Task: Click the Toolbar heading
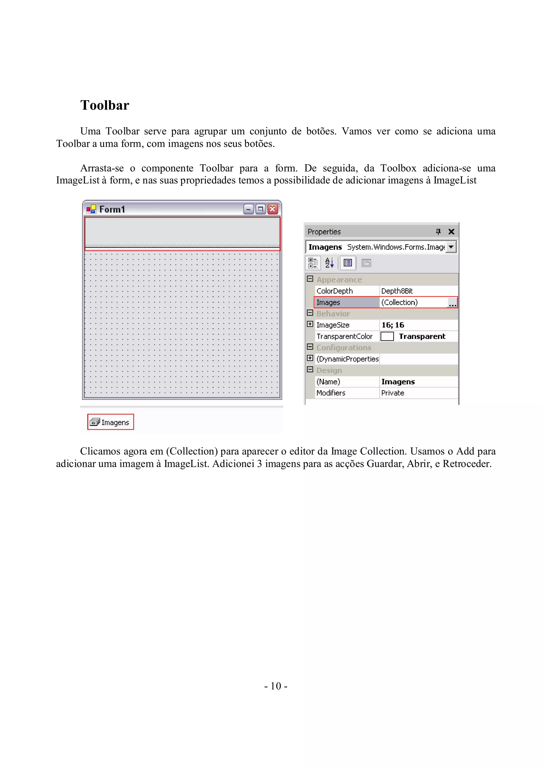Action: point(104,105)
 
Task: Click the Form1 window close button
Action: point(273,209)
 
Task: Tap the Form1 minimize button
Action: point(248,209)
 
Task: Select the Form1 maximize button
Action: point(260,209)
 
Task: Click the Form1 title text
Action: point(112,209)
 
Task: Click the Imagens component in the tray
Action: point(111,422)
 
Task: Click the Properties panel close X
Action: point(451,231)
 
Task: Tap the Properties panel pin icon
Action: point(438,231)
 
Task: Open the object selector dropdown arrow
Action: point(451,247)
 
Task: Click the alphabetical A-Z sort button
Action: point(329,263)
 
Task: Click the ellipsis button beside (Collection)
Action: point(452,303)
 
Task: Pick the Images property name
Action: point(328,302)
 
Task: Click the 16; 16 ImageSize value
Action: point(393,325)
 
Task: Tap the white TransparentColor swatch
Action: point(387,336)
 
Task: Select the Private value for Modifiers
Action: point(393,393)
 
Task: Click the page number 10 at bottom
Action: point(276,686)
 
